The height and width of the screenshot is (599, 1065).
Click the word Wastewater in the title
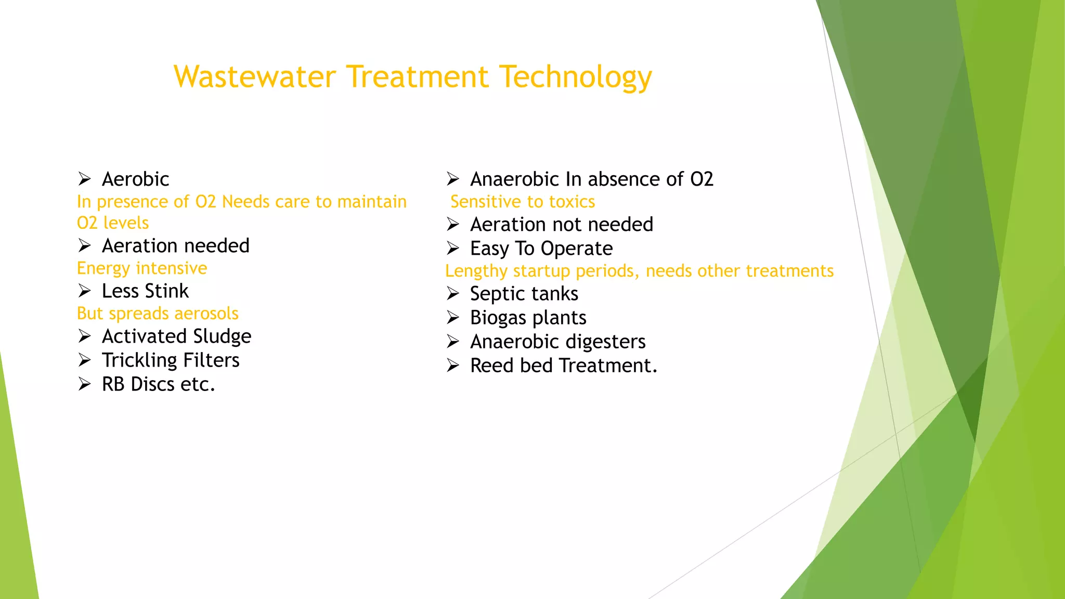[255, 77]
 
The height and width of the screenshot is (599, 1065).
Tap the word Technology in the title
[575, 77]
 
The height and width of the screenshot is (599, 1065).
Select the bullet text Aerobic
[135, 179]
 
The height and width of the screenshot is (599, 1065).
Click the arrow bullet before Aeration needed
[84, 245]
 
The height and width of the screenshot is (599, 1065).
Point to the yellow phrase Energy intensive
[142, 268]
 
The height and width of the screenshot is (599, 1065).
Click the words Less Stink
[145, 291]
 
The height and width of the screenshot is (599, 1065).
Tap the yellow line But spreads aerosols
[158, 314]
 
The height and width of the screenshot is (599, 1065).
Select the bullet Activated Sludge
[176, 336]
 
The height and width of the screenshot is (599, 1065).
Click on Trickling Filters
[171, 360]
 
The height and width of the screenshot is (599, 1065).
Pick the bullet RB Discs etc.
[158, 384]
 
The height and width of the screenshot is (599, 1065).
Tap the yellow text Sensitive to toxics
[522, 202]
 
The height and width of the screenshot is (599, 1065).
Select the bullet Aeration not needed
[561, 225]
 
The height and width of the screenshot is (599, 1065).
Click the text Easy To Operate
[541, 249]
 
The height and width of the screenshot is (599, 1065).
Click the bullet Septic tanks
[524, 294]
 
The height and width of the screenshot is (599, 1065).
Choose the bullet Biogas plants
[528, 318]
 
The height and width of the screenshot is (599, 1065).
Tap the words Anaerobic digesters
[557, 342]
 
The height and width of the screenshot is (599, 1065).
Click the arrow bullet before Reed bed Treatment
[452, 366]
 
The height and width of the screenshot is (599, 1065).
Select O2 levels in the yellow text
[113, 223]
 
